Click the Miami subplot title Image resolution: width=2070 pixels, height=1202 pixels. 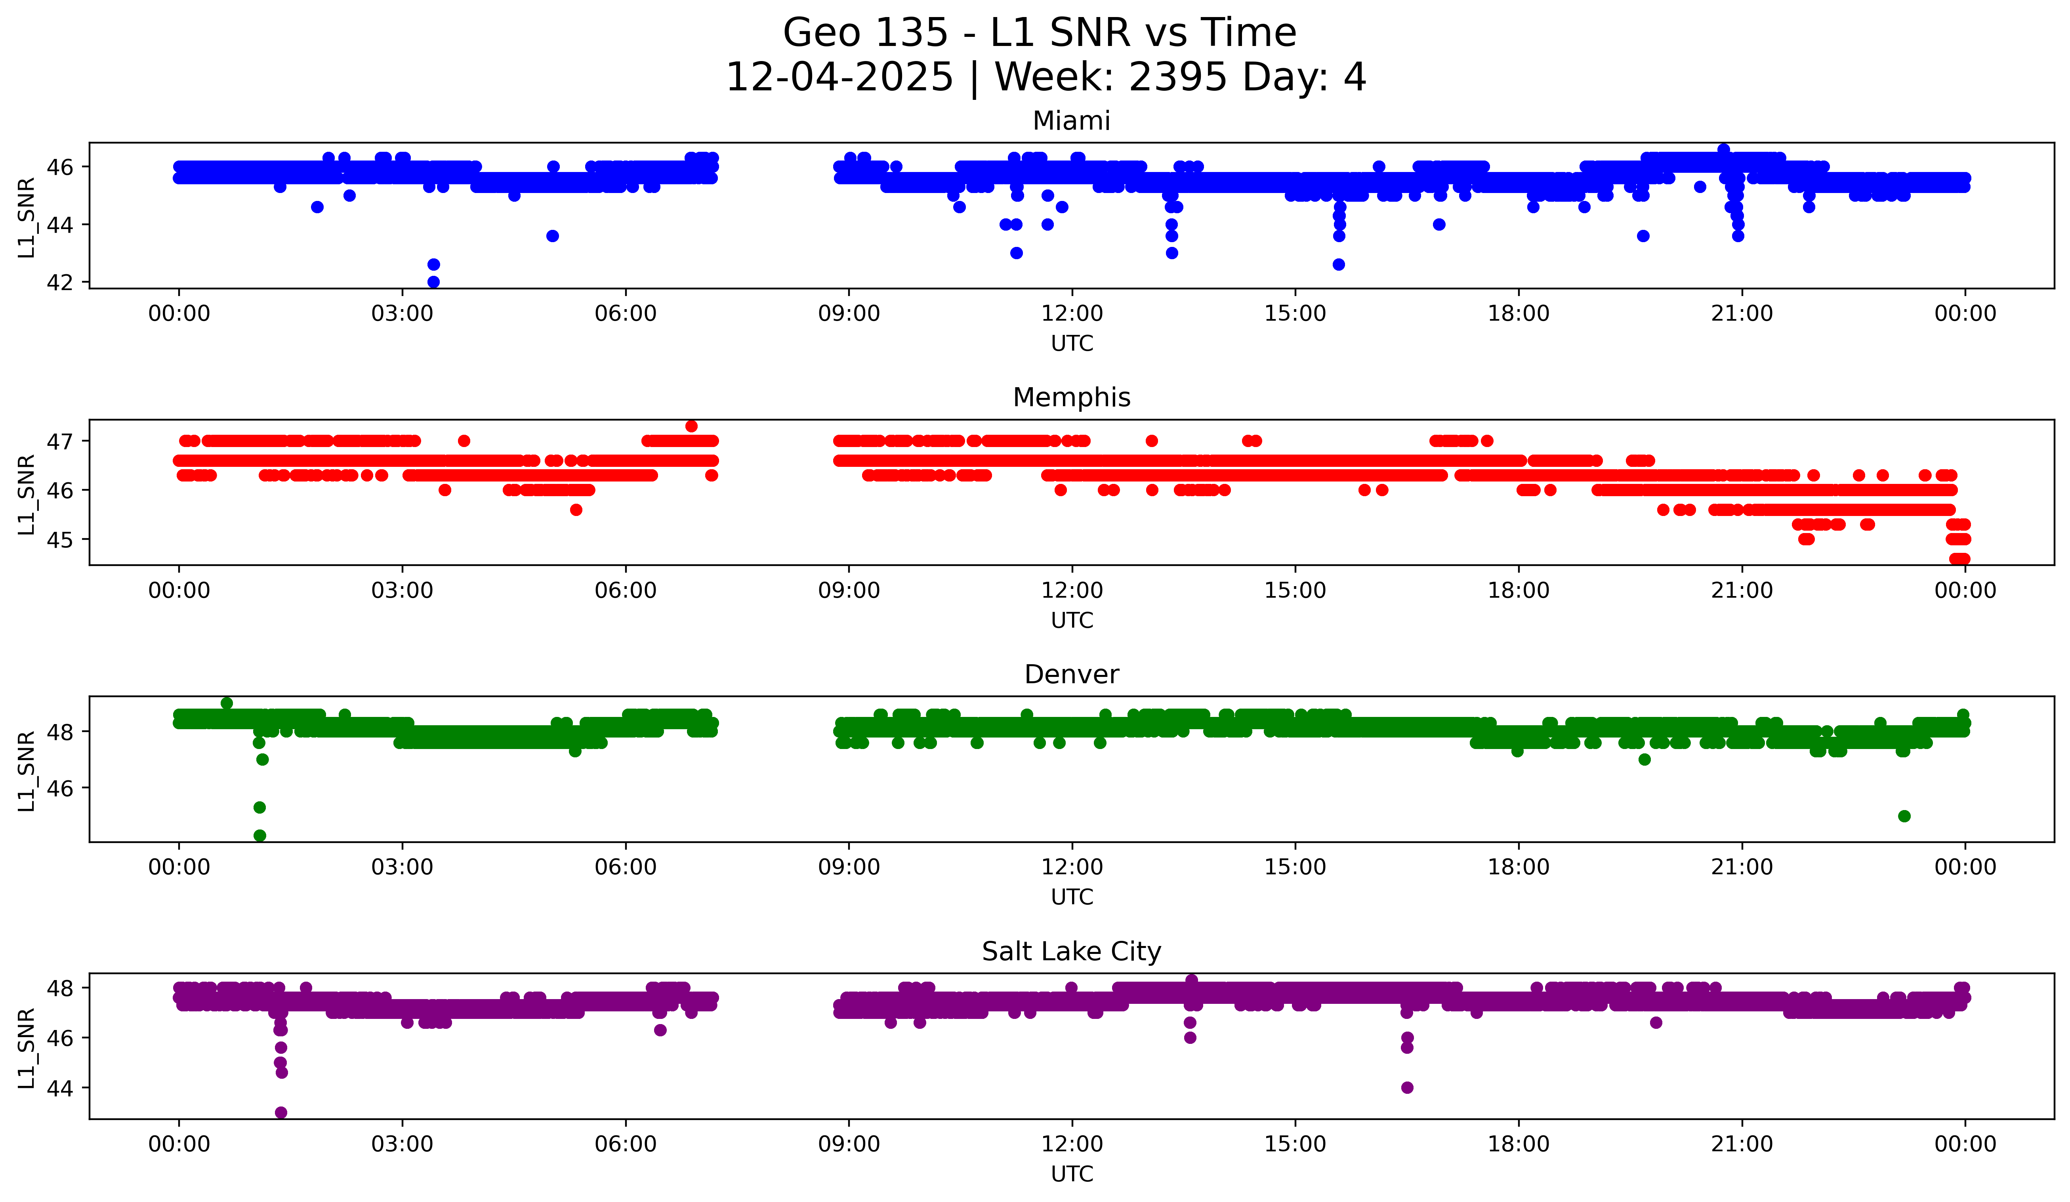[1071, 121]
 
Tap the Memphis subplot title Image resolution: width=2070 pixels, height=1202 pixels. [1071, 397]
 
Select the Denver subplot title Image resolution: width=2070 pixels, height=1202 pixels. [1071, 675]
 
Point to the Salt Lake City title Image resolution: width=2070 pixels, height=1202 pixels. [1071, 952]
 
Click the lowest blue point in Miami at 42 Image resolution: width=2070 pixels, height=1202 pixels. [434, 282]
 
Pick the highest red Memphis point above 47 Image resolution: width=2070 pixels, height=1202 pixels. [692, 426]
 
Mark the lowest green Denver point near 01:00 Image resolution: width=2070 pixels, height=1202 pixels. [259, 835]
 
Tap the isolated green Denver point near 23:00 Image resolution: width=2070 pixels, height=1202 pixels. [1904, 816]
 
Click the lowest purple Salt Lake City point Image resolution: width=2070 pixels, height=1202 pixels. [281, 1112]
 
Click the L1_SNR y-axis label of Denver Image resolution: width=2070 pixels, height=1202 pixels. [26, 771]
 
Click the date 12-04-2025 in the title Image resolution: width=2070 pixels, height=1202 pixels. [839, 77]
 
